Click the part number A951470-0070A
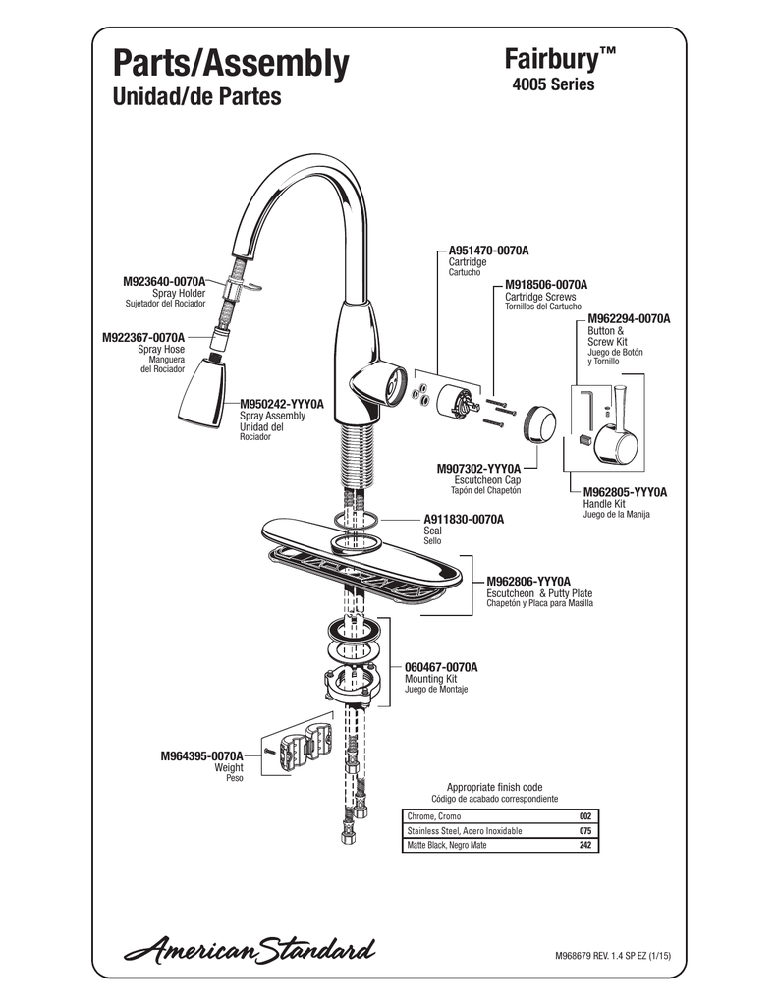pos(488,251)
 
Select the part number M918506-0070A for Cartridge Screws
pos(546,284)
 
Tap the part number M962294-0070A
pos(629,319)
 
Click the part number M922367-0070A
pos(143,337)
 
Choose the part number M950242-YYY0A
pos(281,404)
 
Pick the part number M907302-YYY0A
pos(478,469)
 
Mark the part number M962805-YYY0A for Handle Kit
pos(625,491)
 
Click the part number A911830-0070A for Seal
pos(464,519)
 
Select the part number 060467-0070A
pos(441,667)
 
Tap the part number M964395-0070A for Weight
pos(201,755)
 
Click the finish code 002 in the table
pos(585,816)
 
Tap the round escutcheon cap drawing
pos(539,422)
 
